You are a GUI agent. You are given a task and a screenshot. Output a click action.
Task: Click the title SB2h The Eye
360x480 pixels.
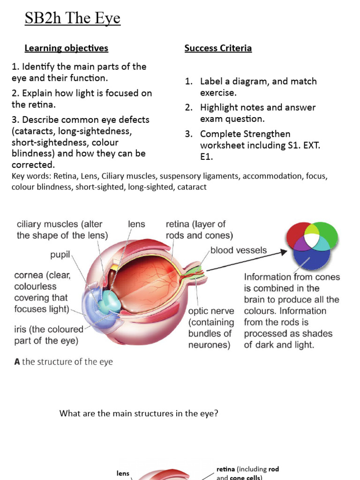tap(73, 19)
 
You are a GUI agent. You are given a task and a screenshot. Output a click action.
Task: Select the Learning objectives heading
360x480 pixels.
tap(66, 48)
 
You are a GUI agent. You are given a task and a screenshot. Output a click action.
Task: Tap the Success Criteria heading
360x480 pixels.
tap(218, 48)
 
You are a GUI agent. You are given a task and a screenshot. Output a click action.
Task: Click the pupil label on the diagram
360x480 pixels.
tap(60, 255)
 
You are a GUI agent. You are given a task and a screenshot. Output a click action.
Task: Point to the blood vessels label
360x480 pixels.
tap(238, 250)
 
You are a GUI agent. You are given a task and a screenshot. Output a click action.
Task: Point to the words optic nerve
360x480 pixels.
tap(211, 311)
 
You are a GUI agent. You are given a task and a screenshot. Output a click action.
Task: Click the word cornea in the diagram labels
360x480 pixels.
tap(29, 275)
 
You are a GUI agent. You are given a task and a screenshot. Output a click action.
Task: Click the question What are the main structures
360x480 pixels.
tap(139, 413)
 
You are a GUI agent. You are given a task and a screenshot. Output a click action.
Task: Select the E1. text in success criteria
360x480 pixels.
tap(206, 157)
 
